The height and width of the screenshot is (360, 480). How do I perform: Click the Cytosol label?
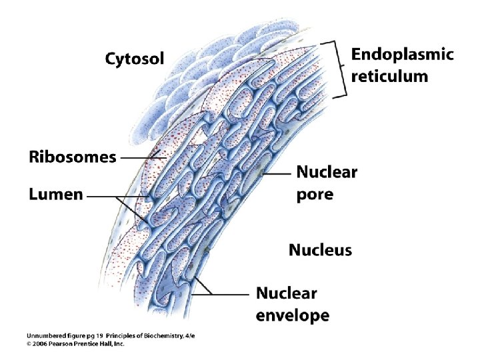(134, 59)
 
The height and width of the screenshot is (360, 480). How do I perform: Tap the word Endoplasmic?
(402, 54)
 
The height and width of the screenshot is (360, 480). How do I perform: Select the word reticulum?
(390, 76)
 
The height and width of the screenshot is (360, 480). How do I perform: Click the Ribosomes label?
(72, 158)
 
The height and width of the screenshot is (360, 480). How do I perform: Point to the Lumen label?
(55, 195)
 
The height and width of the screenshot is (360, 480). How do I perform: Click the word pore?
(314, 195)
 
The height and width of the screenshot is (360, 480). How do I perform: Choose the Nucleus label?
(320, 250)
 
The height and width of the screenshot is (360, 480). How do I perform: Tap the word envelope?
(293, 314)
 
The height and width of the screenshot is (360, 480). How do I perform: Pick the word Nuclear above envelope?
(287, 293)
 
